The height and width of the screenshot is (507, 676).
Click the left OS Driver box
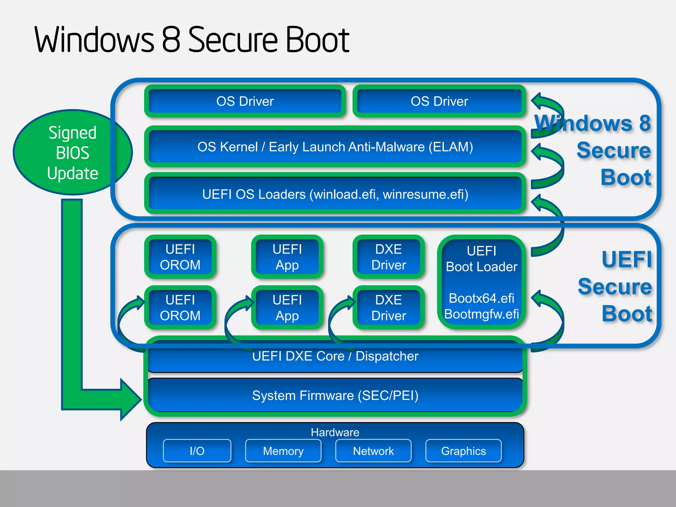(245, 101)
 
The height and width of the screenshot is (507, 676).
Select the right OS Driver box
(439, 101)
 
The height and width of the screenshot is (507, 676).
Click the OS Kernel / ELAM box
(335, 147)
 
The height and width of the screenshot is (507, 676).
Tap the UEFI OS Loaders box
(335, 194)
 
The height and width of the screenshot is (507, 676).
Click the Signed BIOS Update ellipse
(72, 152)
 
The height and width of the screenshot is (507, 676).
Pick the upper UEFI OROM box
(180, 257)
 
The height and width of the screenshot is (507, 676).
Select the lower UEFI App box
(287, 308)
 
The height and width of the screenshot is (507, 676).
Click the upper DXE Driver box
(389, 257)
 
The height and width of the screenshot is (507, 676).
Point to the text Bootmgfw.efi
(481, 314)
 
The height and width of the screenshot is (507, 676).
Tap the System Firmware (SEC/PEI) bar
(335, 395)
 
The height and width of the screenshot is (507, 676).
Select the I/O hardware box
(197, 451)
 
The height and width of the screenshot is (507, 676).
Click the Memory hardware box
(283, 451)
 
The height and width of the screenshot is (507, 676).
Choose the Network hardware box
(373, 451)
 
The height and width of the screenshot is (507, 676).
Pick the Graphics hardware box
(463, 451)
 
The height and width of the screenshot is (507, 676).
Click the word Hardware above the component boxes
(335, 432)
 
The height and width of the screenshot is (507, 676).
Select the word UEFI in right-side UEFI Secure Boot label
(626, 259)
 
